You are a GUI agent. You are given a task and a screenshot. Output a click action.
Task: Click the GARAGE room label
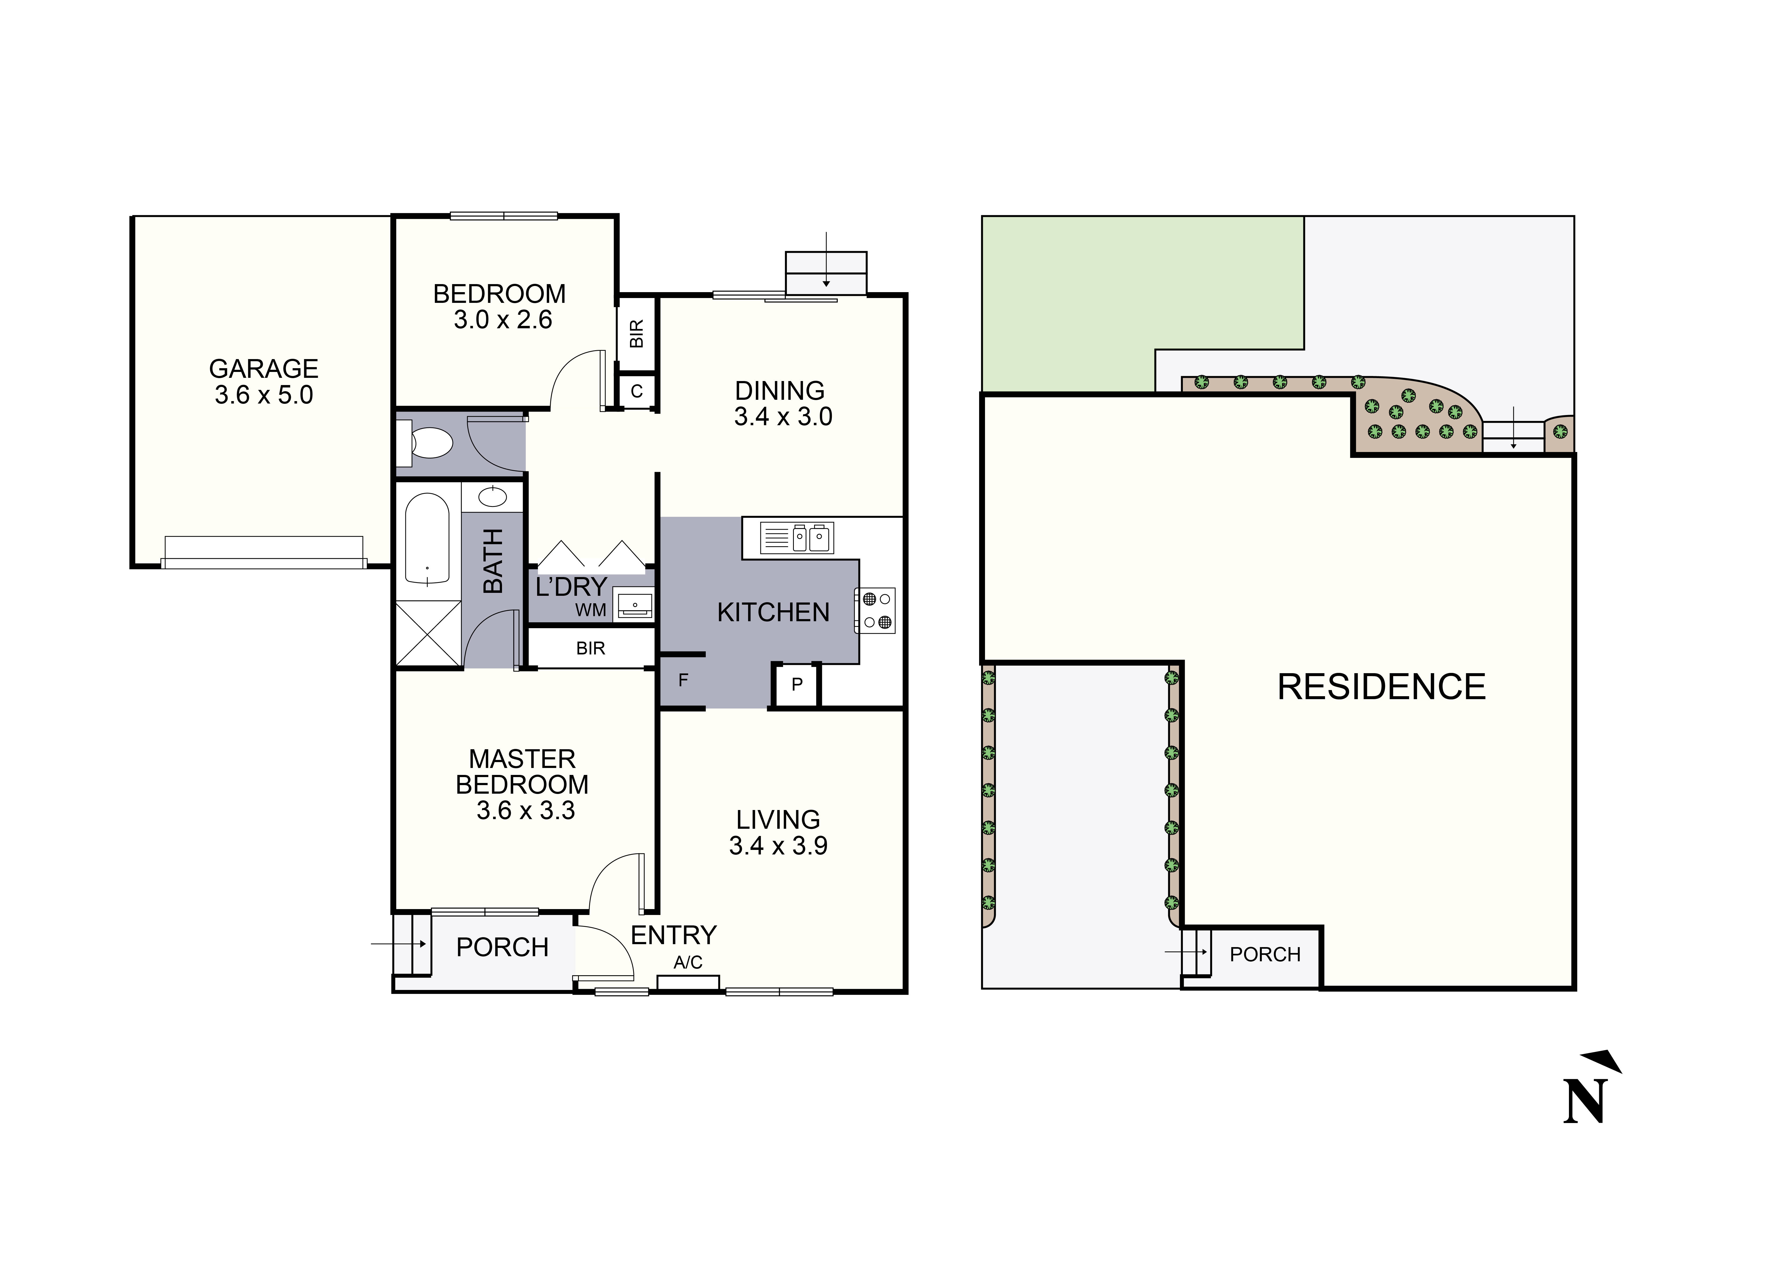pyautogui.click(x=263, y=368)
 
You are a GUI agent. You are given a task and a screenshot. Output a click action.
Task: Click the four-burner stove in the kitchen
pyautogui.click(x=876, y=611)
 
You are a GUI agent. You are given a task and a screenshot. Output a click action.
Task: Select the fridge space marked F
pyautogui.click(x=682, y=681)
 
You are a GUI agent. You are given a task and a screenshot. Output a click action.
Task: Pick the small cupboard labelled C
pyautogui.click(x=637, y=392)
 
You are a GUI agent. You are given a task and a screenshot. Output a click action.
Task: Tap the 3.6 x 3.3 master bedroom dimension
pyautogui.click(x=526, y=811)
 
